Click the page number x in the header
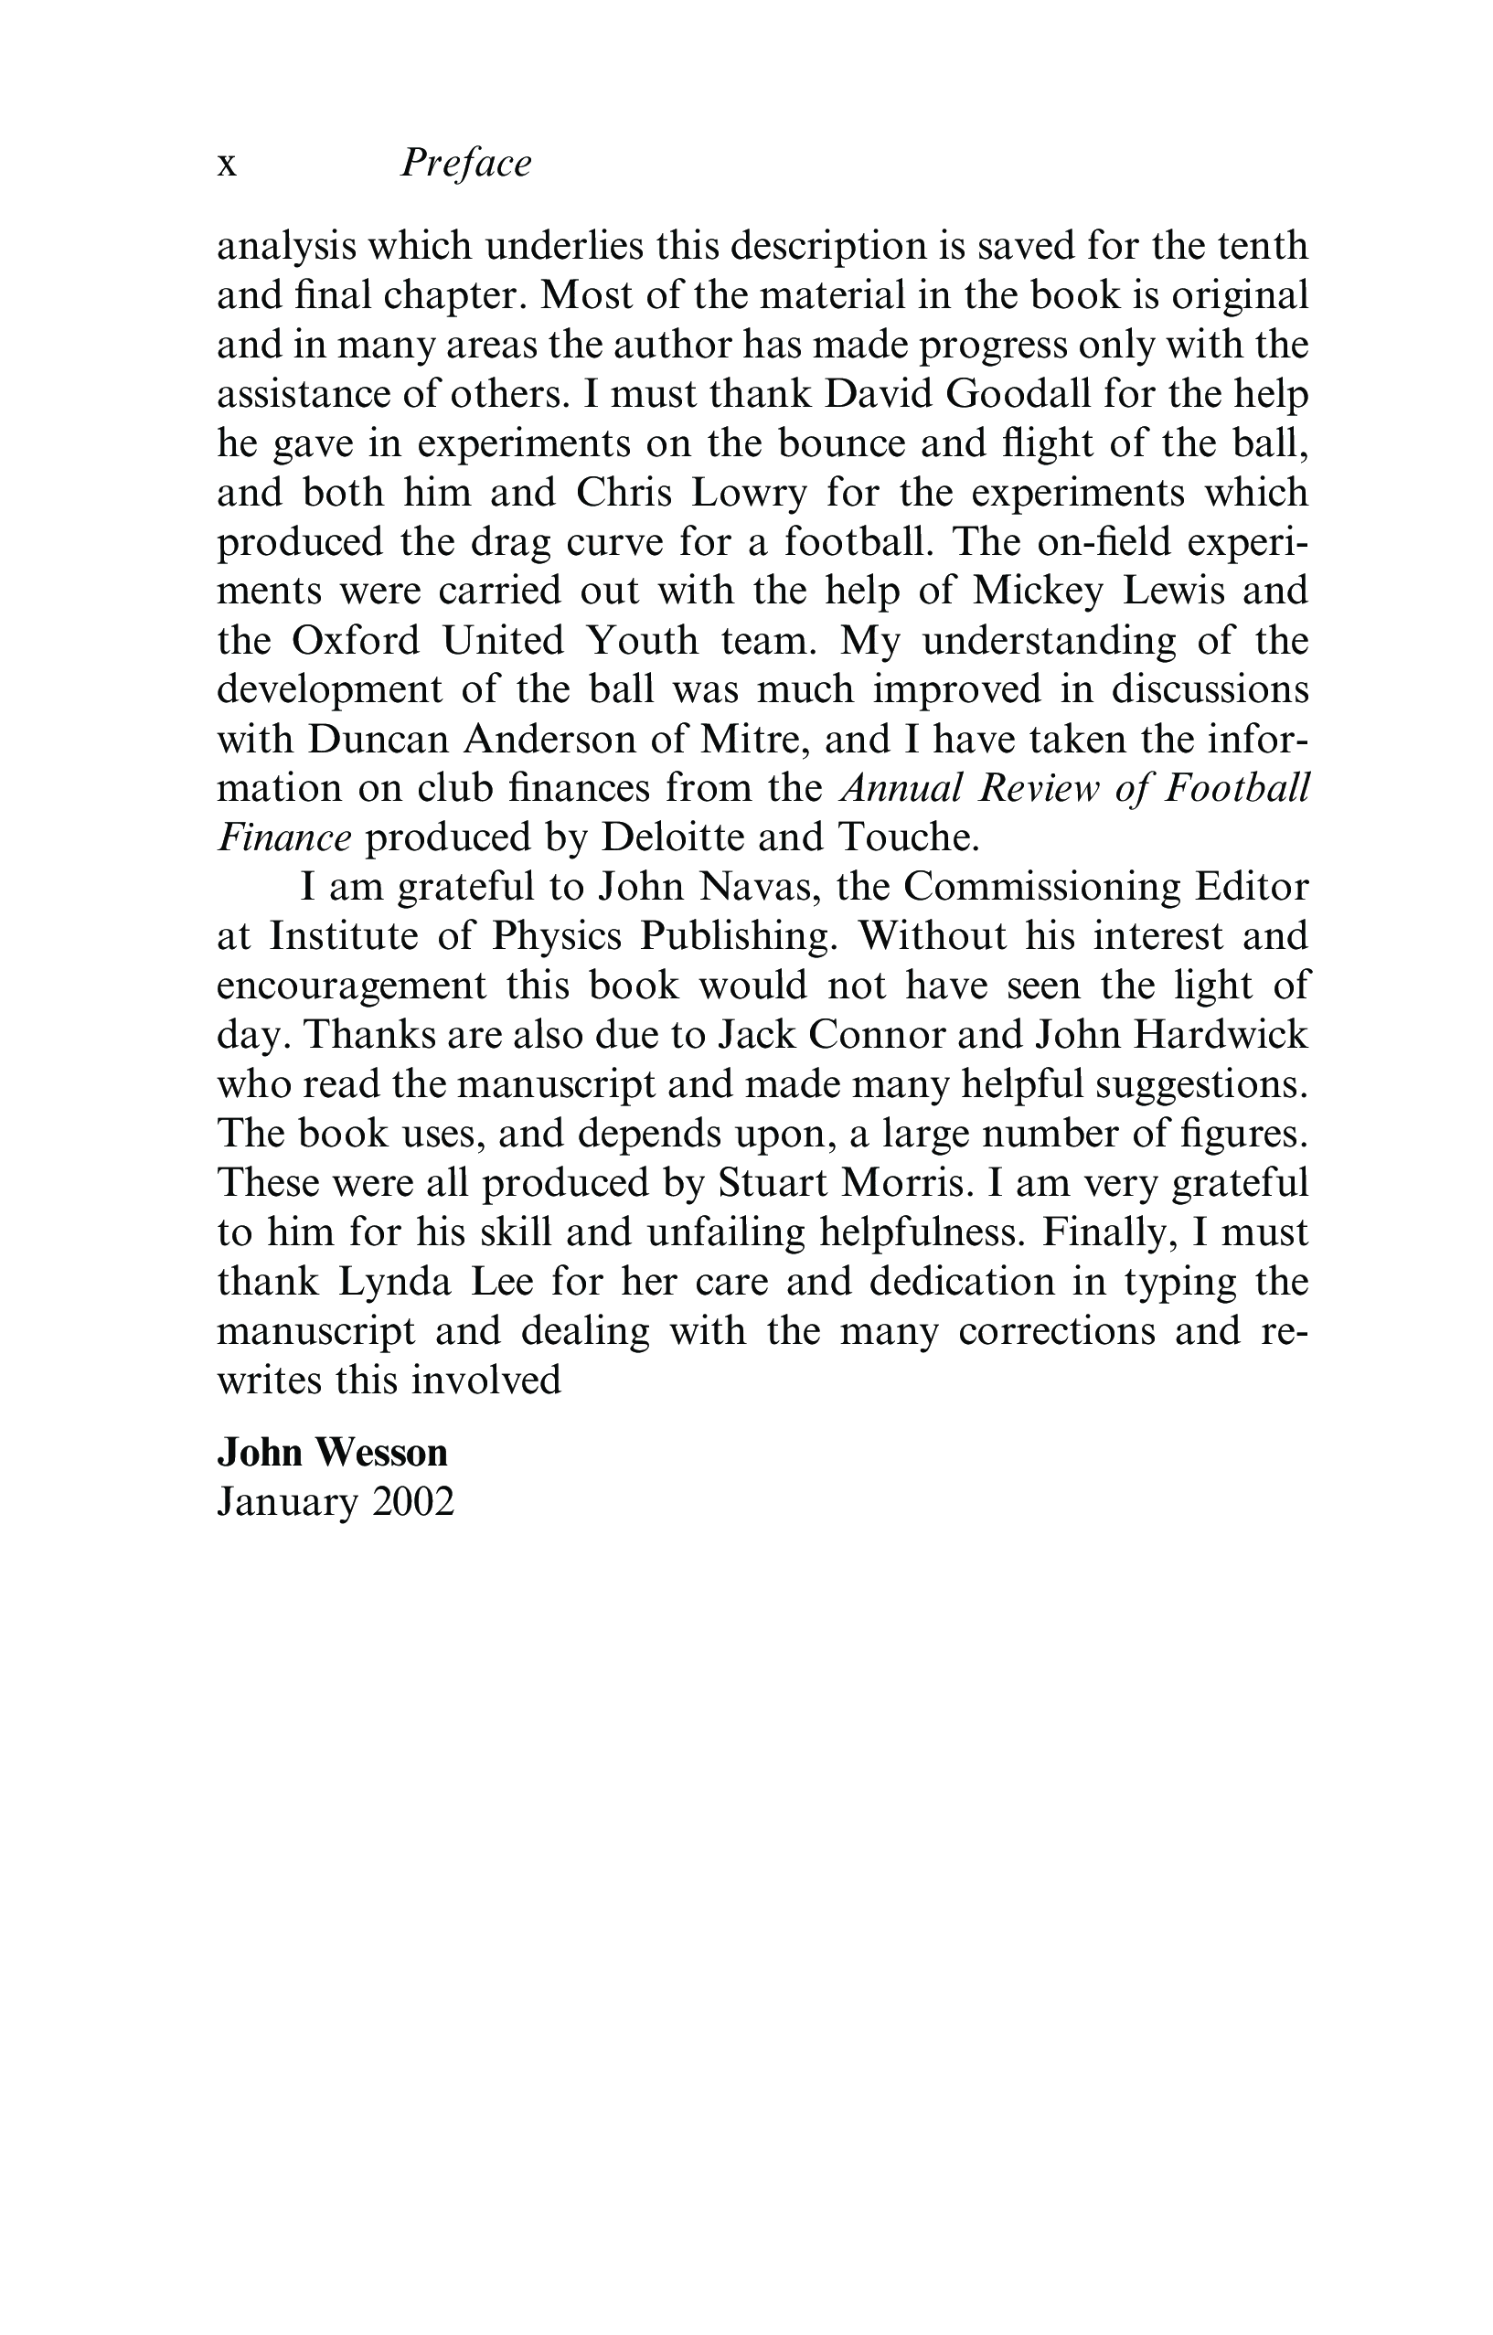pyautogui.click(x=227, y=165)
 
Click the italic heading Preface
pyautogui.click(x=466, y=163)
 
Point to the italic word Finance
pyautogui.click(x=284, y=837)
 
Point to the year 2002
pyautogui.click(x=412, y=1502)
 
